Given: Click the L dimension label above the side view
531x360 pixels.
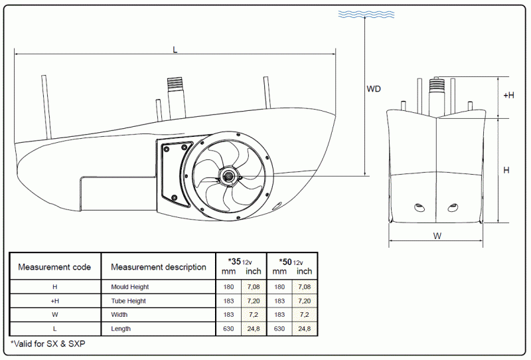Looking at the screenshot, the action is tap(175, 50).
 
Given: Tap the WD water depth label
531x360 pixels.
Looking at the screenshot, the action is tap(374, 89).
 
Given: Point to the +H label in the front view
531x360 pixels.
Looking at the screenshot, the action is tap(508, 95).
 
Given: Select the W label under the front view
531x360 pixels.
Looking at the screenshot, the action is tap(437, 236).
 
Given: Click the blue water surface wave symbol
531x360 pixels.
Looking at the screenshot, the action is tap(366, 14).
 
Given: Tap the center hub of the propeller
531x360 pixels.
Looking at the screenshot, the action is tap(229, 176).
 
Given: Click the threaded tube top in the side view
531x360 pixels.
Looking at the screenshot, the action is tap(175, 83).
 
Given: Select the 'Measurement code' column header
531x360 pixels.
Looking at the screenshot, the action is tap(54, 267).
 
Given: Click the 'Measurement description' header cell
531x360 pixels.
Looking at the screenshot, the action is tap(159, 267).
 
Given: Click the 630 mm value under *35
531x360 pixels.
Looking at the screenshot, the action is tap(228, 329).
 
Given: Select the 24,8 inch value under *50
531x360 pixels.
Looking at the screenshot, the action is tap(305, 329).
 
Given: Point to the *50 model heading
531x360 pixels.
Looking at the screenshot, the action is tap(285, 262).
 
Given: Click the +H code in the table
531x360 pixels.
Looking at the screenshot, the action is tap(55, 301).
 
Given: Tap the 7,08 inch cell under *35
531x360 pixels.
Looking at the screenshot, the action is tap(254, 287).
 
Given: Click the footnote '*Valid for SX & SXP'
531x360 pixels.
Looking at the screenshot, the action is tap(48, 344).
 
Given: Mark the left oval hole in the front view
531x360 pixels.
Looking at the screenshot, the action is tap(420, 207).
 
